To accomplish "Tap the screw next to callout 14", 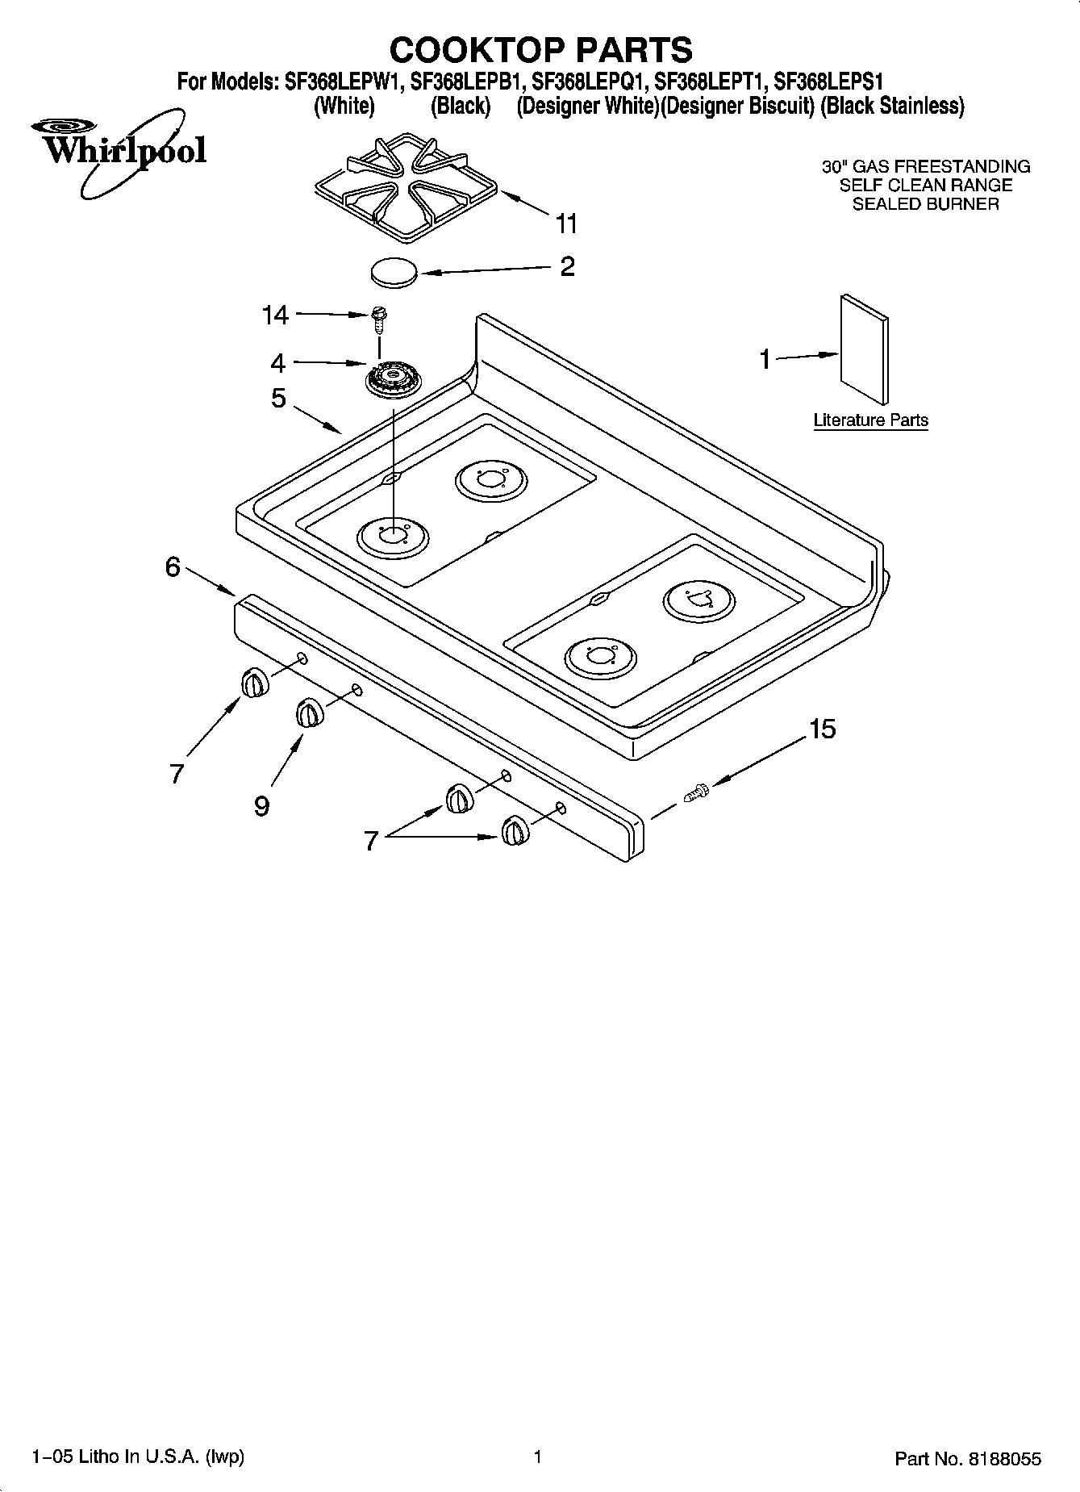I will pos(377,320).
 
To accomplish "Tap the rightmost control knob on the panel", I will pos(514,830).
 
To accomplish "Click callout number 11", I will pos(567,224).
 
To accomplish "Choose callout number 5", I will pos(278,398).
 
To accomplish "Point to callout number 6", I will pos(173,567).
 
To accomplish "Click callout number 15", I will pos(822,729).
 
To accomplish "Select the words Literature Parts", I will pos(870,420).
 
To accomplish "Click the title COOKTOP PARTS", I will pos(540,50).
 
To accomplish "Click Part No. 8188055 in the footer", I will pos(967,1459).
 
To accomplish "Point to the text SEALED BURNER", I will pos(925,204).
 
